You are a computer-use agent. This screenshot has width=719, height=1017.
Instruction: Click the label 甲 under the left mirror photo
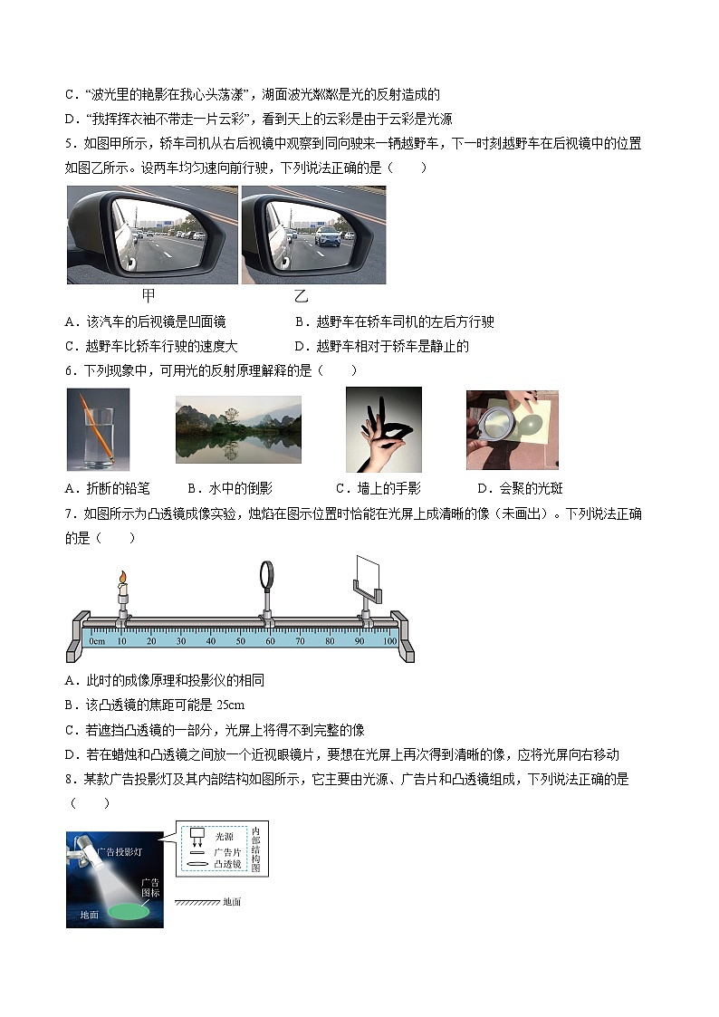[149, 296]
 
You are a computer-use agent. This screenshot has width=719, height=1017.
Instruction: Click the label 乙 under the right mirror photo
[300, 296]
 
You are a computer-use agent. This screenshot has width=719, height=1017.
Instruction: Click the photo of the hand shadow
[384, 429]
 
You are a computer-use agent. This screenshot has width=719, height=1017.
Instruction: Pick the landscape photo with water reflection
[238, 429]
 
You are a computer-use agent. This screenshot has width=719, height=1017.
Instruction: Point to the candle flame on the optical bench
[122, 578]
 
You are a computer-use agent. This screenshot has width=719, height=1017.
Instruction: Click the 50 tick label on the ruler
[241, 641]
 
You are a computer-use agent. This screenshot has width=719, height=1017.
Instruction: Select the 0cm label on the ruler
[97, 641]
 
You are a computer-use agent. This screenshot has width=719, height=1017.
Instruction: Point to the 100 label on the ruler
[389, 641]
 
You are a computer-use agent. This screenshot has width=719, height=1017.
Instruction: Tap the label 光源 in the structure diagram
[225, 837]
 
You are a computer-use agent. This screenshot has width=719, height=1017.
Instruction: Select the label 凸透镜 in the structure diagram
[227, 864]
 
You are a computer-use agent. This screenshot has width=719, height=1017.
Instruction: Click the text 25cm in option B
[230, 705]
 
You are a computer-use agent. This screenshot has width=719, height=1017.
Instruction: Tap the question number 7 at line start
[69, 513]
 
